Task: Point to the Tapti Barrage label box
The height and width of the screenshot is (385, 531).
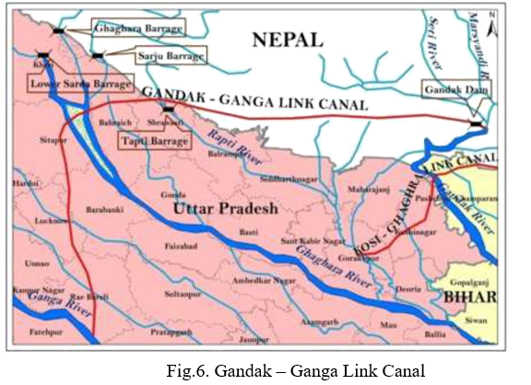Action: click(152, 141)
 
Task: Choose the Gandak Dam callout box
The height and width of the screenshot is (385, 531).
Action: click(456, 89)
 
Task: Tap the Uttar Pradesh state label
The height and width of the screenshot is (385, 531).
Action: click(225, 210)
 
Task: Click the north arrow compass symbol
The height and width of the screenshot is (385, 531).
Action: click(494, 29)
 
